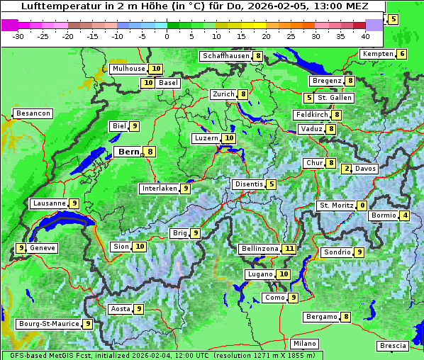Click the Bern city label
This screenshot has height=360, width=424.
[x=129, y=152]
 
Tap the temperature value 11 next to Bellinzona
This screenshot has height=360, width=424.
[x=289, y=249]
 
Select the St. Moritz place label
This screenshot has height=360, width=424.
[x=335, y=206]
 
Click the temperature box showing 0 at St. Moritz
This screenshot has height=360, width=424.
[x=362, y=206]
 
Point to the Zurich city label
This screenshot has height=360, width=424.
[x=223, y=94]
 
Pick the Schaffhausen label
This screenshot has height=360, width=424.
[x=225, y=56]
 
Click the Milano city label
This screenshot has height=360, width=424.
[x=305, y=344]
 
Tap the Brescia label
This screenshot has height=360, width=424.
[x=393, y=346]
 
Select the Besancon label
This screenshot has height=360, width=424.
[x=33, y=113]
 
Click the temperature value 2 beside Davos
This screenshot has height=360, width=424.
[x=347, y=169]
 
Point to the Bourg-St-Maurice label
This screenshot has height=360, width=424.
[x=48, y=323]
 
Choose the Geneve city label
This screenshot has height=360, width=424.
[x=43, y=248]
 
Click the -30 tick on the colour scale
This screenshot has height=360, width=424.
[x=18, y=36]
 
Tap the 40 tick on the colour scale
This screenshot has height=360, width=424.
[x=365, y=36]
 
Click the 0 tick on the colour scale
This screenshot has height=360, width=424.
[x=167, y=36]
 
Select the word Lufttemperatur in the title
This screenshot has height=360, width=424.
[x=51, y=6]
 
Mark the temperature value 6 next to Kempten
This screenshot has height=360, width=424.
[x=402, y=55]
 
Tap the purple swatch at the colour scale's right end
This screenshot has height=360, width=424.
[x=374, y=25]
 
